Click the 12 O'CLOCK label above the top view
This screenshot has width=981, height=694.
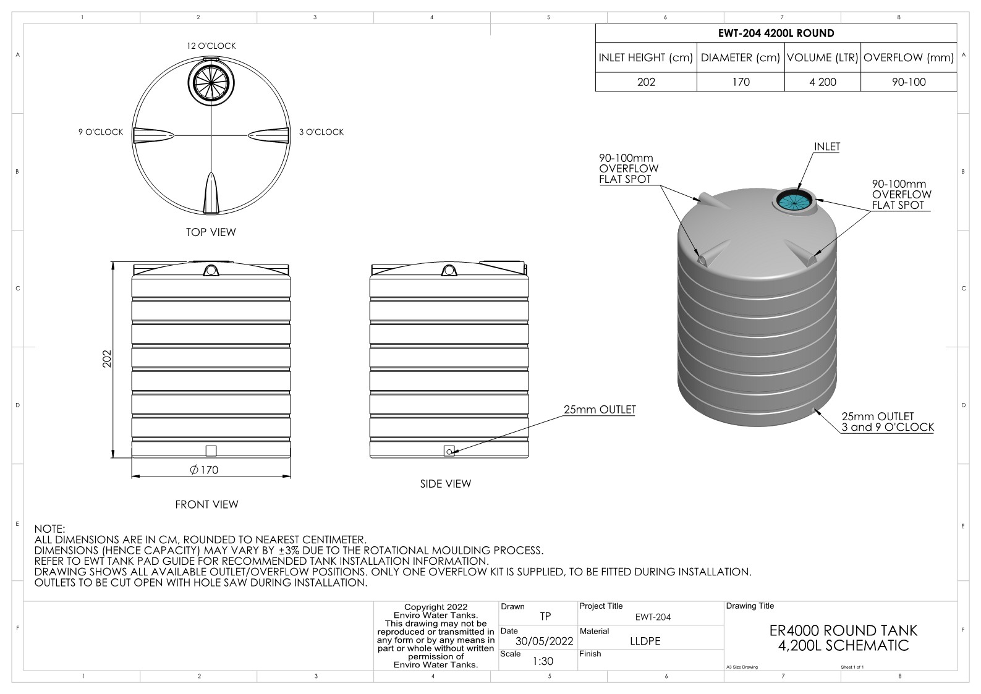pyautogui.click(x=211, y=46)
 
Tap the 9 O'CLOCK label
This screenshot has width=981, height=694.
pyautogui.click(x=101, y=132)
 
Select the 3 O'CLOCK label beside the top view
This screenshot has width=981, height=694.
pyautogui.click(x=321, y=132)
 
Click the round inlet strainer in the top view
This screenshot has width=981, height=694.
pyautogui.click(x=211, y=82)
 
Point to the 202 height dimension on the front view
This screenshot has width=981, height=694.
pyautogui.click(x=107, y=359)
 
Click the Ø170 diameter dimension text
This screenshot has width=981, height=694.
pyautogui.click(x=204, y=470)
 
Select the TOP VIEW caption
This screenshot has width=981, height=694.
pyautogui.click(x=211, y=232)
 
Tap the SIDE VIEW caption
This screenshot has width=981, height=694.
pyautogui.click(x=446, y=484)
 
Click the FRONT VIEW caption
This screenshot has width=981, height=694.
pyautogui.click(x=206, y=504)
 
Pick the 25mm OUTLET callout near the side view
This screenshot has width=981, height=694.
pyautogui.click(x=600, y=410)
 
